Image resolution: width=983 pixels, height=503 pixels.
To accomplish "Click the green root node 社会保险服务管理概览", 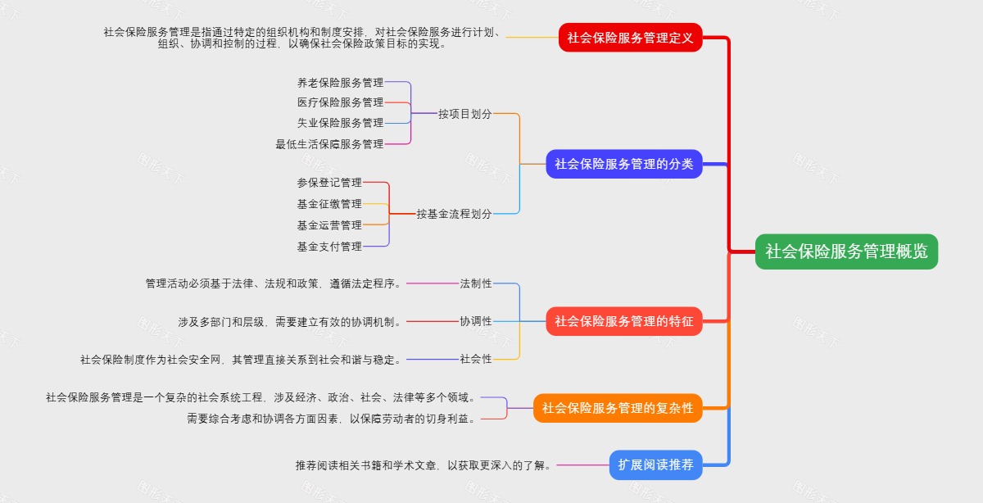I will click(x=846, y=251).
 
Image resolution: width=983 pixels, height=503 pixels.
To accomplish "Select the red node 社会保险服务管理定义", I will click(x=631, y=38).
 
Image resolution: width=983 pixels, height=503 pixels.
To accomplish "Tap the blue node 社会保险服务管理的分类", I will click(x=623, y=164).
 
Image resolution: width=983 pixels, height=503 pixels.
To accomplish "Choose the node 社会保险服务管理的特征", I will click(x=623, y=321).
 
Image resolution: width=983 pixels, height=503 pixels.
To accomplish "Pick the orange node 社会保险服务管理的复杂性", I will click(x=618, y=408).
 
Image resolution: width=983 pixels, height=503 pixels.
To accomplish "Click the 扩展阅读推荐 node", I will click(x=655, y=465).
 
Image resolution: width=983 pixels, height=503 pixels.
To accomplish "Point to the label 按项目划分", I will click(x=464, y=114).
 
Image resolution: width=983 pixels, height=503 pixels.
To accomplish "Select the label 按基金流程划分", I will click(x=454, y=214).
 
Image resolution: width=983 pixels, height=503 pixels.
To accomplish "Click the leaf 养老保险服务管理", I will click(x=340, y=83).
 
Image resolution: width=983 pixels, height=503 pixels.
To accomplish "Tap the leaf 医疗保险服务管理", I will click(x=340, y=102).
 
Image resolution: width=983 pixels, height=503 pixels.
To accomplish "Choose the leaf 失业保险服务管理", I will click(x=340, y=123).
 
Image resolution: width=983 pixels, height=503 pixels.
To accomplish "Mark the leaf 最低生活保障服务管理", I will click(x=329, y=144).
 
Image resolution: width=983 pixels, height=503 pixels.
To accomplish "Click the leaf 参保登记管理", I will click(x=329, y=183).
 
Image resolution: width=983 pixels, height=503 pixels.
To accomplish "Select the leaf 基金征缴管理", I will click(x=329, y=204).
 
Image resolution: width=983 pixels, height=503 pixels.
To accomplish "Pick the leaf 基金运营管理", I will click(x=329, y=225).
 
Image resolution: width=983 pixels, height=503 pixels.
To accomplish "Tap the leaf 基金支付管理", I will click(x=329, y=247).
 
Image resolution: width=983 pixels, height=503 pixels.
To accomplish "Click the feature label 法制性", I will click(x=476, y=283).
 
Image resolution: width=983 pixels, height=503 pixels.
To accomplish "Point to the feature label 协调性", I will click(x=476, y=321).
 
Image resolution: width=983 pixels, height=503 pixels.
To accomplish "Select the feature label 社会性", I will click(x=476, y=359).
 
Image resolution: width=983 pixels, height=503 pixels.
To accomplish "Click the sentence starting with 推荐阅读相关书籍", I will click(x=425, y=465).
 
